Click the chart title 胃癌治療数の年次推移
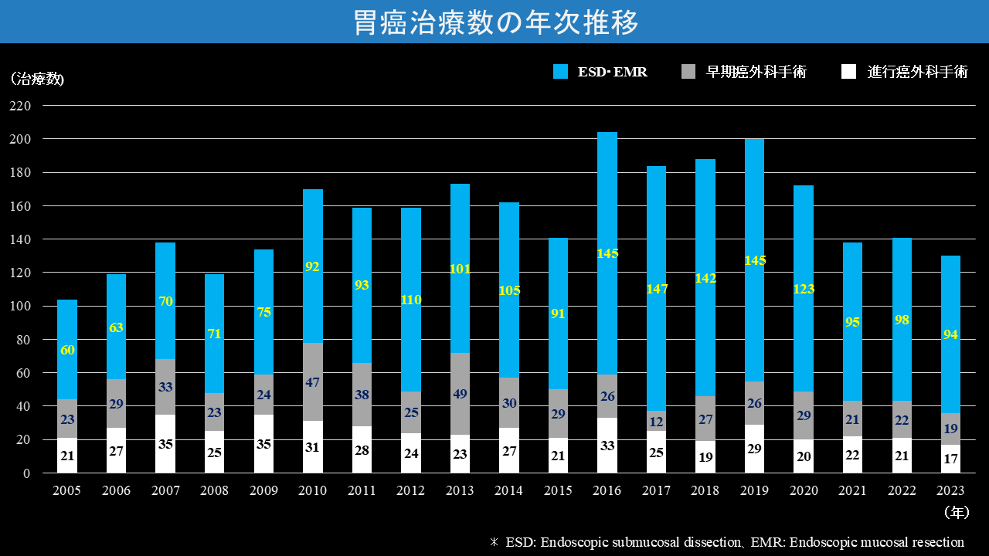point(494,22)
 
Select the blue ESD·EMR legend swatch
point(561,72)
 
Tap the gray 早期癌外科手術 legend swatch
point(689,72)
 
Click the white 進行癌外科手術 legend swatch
point(849,72)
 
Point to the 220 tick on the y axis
point(20,106)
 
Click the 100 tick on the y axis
point(20,306)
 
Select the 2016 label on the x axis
point(607,490)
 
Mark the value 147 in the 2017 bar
point(656,289)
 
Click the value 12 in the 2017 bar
point(656,421)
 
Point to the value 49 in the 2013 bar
point(460,394)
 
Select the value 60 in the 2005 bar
point(67,350)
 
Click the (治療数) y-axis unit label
point(37,79)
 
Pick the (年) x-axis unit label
point(957,512)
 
